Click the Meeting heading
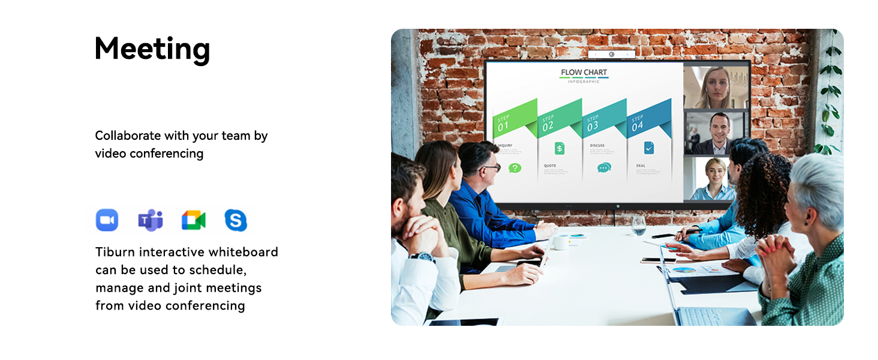152,49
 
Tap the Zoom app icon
107,220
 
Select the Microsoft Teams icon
151,220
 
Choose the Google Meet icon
193,220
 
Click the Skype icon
236,220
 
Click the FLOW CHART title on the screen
584,73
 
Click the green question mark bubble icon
515,168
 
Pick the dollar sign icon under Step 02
560,148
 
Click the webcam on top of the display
611,55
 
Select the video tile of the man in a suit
717,133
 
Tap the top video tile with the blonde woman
716,87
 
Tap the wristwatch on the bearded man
423,257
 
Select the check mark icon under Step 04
649,148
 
